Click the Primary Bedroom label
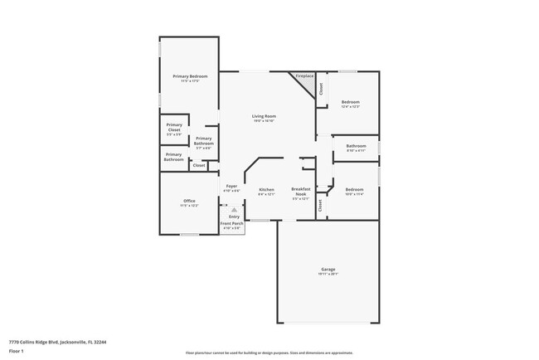coord(190,76)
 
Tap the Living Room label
coord(265,116)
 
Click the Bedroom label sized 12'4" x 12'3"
coord(351,102)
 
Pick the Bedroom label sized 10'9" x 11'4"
coord(354,190)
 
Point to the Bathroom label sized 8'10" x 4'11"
coord(356,146)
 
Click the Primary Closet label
coord(174,129)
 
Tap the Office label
coord(189,202)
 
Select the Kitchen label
coord(266,190)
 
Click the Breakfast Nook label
coord(300,192)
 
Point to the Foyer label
coord(232,187)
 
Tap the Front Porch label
coord(232,224)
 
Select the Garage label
coord(328,270)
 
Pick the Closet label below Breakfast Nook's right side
coord(321,206)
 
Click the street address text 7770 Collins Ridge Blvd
coord(57,341)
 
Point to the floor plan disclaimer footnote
coord(268,352)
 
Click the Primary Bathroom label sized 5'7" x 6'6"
coord(204,141)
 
